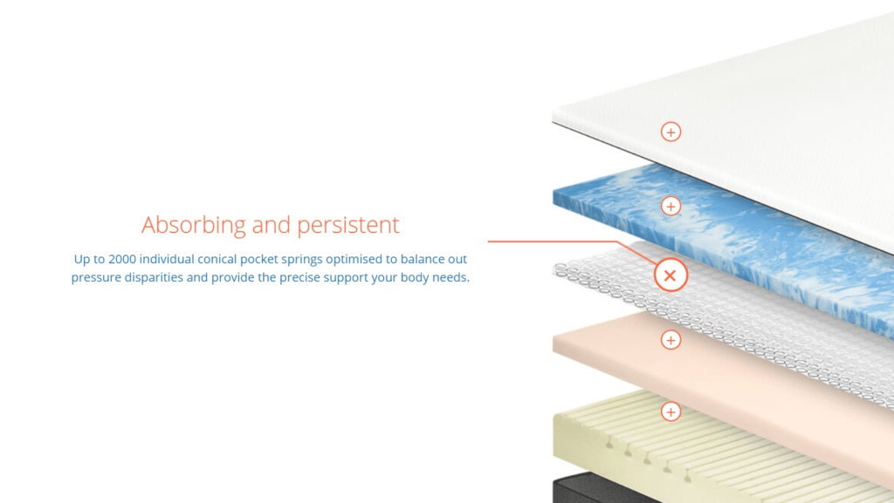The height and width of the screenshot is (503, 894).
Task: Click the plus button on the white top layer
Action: pos(670,132)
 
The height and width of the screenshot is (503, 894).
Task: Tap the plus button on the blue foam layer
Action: pos(670,206)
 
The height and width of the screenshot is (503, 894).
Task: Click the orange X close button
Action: pos(670,275)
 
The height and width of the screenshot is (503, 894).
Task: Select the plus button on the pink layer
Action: pos(670,340)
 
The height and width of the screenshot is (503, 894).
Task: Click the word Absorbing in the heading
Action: pos(194,225)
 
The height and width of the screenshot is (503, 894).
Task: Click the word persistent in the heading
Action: pos(347,225)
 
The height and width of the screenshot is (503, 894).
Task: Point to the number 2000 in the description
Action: pos(122,260)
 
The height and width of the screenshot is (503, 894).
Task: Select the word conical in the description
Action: pos(217,260)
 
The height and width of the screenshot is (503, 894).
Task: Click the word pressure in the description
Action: pos(96,278)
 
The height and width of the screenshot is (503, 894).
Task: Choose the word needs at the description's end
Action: pos(450,278)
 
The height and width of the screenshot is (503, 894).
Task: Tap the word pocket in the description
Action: pos(258,260)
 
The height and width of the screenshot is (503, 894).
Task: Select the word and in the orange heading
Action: pos(272,225)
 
